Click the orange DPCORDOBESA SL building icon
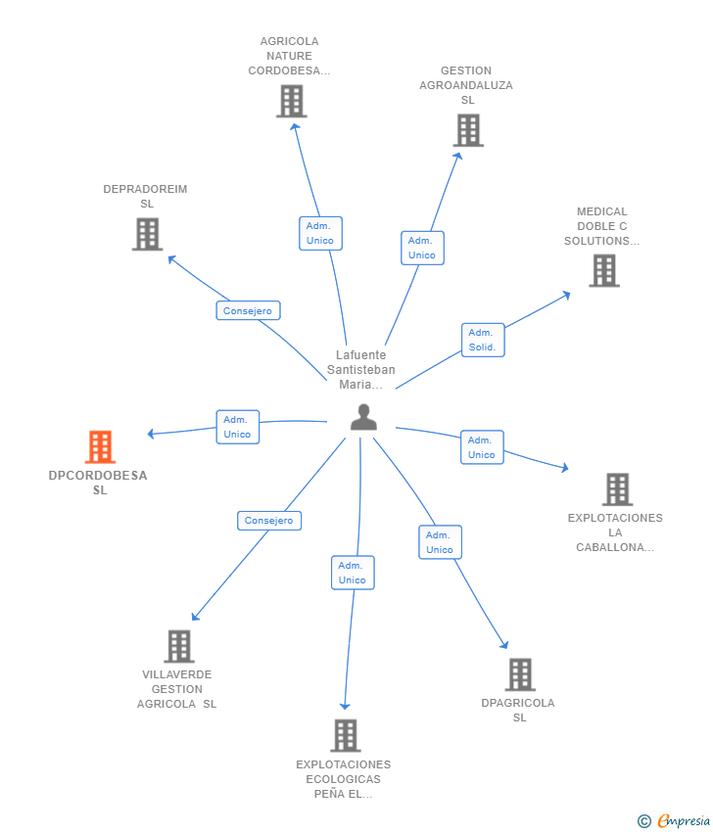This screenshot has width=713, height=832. pos(100,446)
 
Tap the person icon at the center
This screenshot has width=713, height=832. pos(363,417)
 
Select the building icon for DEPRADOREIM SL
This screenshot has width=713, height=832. pos(148,234)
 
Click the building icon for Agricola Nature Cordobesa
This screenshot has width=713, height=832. pos(292,102)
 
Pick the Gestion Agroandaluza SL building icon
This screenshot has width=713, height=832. pos(468,130)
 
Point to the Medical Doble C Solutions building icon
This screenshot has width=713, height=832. pos(604,270)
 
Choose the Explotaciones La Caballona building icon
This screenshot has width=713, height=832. pos(617,489)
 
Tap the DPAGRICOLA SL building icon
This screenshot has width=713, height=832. pos(520,674)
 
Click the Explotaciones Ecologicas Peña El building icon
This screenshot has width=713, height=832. pos(346,735)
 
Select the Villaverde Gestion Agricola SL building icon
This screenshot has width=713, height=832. pos(179,646)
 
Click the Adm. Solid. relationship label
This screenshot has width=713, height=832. pos(483,340)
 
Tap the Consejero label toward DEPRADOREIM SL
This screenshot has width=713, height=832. pos(248,310)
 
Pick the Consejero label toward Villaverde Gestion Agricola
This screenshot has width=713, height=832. pos(269,521)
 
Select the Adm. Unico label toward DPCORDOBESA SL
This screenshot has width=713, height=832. pos(237,427)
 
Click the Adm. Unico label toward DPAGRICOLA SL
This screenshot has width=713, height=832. pos(440,542)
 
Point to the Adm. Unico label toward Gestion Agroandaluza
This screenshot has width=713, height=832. pos(422,248)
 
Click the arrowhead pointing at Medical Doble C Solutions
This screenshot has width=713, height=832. pos(566,295)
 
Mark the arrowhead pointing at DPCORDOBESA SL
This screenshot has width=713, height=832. pos(151,434)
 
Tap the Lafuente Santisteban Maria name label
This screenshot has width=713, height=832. pos(361,370)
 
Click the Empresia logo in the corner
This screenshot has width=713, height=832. pos(673,821)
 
